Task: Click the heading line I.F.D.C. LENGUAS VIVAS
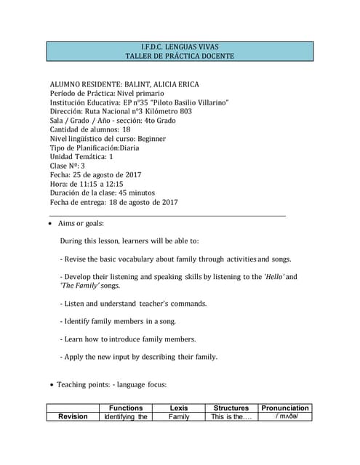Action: [179, 46]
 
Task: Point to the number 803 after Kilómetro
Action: [185, 111]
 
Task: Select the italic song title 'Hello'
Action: [276, 277]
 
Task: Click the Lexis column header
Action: [179, 408]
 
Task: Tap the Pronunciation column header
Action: [285, 408]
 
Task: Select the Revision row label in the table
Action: [73, 417]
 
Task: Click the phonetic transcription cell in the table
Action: [285, 417]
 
